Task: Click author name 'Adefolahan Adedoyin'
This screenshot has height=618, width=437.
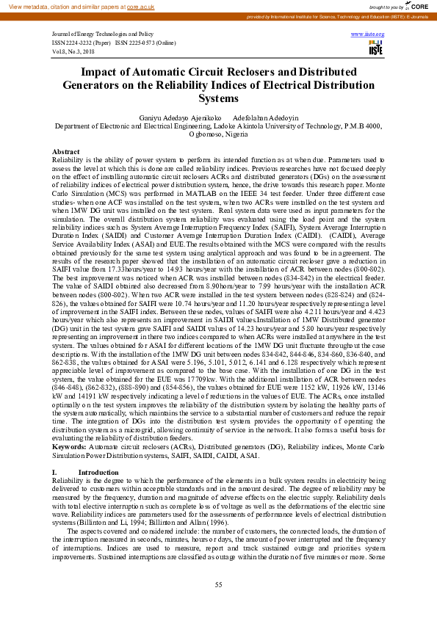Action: tap(266, 117)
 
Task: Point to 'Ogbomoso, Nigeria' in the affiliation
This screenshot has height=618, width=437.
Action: tap(218, 135)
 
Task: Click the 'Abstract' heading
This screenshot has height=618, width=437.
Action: tap(65, 151)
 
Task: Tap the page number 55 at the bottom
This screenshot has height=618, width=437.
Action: tap(218, 585)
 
